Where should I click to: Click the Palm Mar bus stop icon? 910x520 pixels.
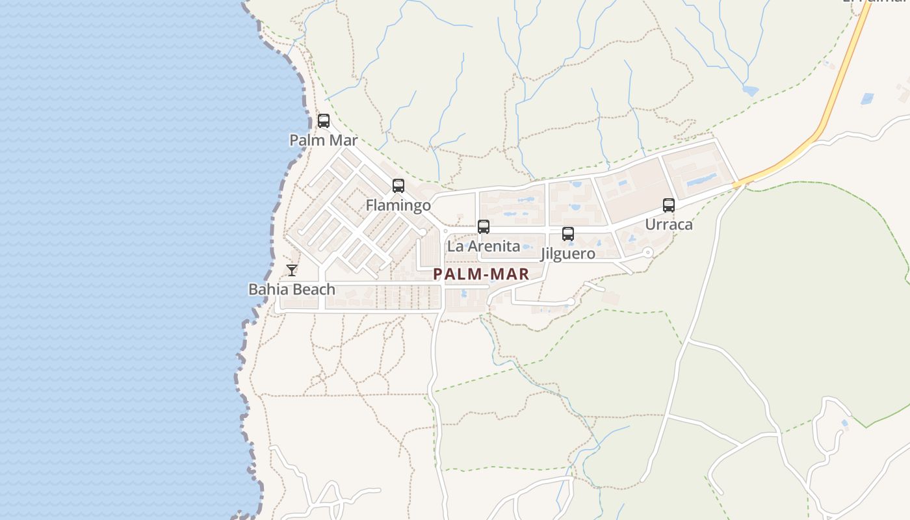pyautogui.click(x=323, y=121)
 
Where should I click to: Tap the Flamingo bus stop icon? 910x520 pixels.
pyautogui.click(x=398, y=186)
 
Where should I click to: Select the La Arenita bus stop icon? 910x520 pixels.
pyautogui.click(x=484, y=227)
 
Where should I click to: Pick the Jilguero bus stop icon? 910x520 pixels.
pyautogui.click(x=568, y=234)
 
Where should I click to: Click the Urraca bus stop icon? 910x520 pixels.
pyautogui.click(x=669, y=205)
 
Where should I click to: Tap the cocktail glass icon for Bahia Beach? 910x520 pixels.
pyautogui.click(x=292, y=270)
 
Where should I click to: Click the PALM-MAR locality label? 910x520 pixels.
pyautogui.click(x=481, y=274)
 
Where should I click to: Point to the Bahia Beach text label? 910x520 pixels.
pyautogui.click(x=292, y=289)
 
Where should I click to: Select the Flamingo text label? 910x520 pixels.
pyautogui.click(x=398, y=205)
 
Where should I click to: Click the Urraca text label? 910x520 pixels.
pyautogui.click(x=669, y=225)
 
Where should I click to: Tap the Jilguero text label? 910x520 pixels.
pyautogui.click(x=567, y=253)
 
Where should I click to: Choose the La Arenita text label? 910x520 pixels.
pyautogui.click(x=484, y=246)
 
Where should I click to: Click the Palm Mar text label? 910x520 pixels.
pyautogui.click(x=323, y=140)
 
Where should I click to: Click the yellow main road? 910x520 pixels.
pyautogui.click(x=838, y=84)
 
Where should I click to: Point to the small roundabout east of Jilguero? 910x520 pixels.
pyautogui.click(x=647, y=252)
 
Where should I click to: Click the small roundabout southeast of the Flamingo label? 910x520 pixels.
pyautogui.click(x=422, y=232)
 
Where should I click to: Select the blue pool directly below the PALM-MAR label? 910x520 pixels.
pyautogui.click(x=463, y=294)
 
